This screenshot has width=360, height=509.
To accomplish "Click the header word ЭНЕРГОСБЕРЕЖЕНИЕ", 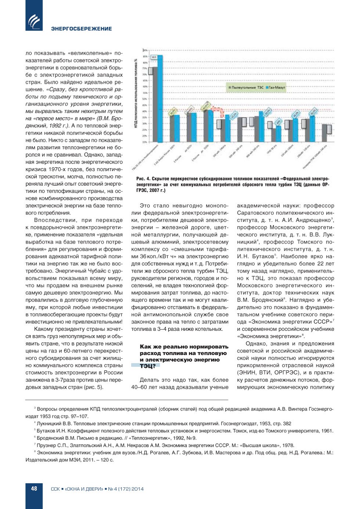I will (x=81, y=29).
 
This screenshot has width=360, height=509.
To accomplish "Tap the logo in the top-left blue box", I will (x=34, y=21).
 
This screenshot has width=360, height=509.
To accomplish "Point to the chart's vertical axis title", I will (x=136, y=94).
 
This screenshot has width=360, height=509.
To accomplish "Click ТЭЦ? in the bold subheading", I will (x=147, y=366).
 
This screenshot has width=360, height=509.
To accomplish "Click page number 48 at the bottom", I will (x=34, y=488).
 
